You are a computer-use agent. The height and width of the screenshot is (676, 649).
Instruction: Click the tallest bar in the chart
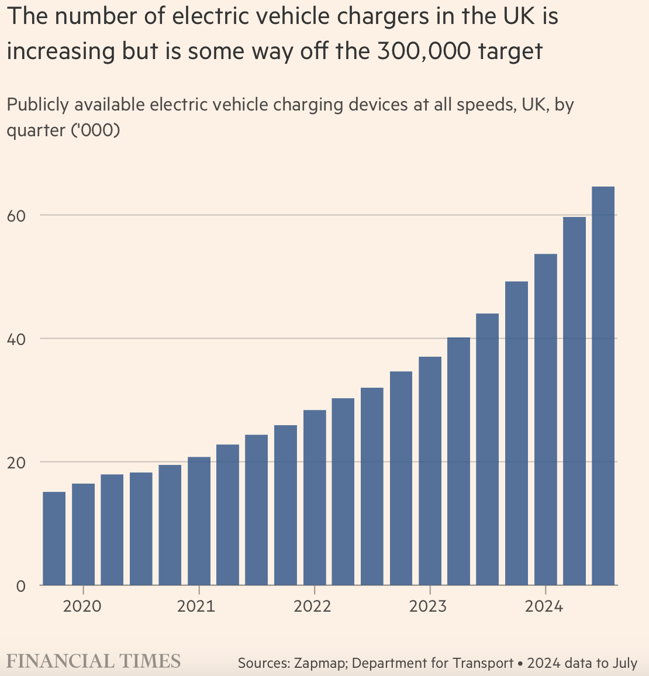pyautogui.click(x=603, y=386)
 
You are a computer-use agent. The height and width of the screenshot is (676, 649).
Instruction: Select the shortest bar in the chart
pyautogui.click(x=54, y=538)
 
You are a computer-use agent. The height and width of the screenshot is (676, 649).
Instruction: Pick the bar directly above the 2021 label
pyautogui.click(x=199, y=520)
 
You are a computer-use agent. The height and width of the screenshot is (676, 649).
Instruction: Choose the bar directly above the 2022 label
pyautogui.click(x=315, y=497)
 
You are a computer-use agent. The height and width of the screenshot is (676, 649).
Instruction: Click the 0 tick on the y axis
pyautogui.click(x=21, y=585)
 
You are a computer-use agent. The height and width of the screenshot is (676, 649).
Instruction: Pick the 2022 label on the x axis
pyautogui.click(x=312, y=606)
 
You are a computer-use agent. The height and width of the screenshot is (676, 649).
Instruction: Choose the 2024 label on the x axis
pyautogui.click(x=544, y=606)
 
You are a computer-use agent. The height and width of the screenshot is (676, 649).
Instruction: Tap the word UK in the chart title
pyautogui.click(x=513, y=16)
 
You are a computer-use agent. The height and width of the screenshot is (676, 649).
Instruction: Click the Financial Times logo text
pyautogui.click(x=94, y=661)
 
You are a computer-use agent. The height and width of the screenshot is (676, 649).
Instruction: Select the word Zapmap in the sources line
pyautogui.click(x=318, y=663)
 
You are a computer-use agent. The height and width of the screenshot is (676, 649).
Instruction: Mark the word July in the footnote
pyautogui.click(x=624, y=663)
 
